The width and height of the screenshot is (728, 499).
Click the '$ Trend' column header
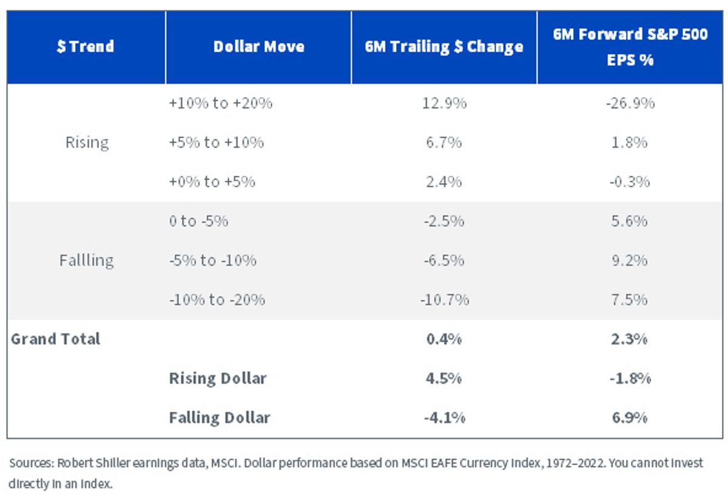click(86, 46)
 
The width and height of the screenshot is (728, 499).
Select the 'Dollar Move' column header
click(258, 47)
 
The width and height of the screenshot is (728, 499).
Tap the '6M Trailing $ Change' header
click(444, 47)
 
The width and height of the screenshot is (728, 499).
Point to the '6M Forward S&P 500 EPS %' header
click(630, 47)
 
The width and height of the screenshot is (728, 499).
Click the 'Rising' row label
click(87, 142)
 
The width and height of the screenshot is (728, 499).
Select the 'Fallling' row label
click(86, 261)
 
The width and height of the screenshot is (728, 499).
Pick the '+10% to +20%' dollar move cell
click(221, 103)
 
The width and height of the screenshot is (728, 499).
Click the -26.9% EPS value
click(630, 103)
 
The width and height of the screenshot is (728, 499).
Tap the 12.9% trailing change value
click(444, 103)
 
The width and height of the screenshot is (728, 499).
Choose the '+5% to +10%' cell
click(217, 142)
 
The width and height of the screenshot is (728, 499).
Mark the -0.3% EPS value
click(630, 182)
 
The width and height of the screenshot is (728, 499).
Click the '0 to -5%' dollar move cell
click(198, 221)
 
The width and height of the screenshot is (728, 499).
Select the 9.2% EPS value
click(630, 261)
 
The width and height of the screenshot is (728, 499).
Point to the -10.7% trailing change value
click(444, 300)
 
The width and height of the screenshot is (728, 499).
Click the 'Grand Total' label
click(56, 339)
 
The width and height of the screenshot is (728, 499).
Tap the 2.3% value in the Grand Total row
click(629, 339)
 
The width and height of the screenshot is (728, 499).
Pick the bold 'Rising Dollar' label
click(218, 378)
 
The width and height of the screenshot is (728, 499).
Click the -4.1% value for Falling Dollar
click(444, 418)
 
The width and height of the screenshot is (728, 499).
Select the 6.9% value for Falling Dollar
click(630, 418)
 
